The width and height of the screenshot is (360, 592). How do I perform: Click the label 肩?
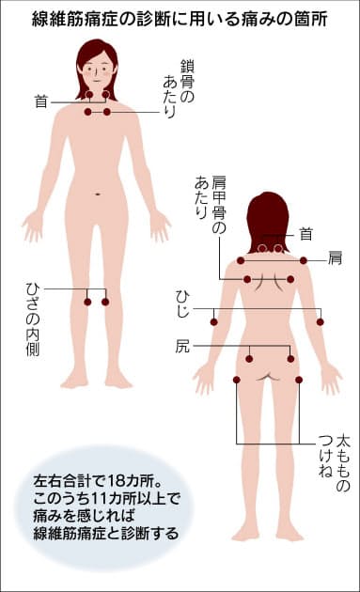tap(335, 257)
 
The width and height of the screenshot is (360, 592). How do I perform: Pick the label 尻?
tap(181, 346)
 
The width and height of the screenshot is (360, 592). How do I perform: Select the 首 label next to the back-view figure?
tap(305, 232)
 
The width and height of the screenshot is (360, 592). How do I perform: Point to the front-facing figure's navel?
tap(97, 195)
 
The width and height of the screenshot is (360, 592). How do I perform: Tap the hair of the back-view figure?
tap(269, 214)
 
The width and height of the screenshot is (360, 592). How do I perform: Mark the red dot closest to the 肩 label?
tap(304, 260)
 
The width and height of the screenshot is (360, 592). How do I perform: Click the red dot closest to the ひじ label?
tap(214, 322)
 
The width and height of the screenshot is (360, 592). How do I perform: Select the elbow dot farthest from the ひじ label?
tap(321, 322)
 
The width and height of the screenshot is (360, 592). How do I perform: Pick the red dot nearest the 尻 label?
tap(250, 358)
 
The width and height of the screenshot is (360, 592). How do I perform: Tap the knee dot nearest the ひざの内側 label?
tap(87, 302)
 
